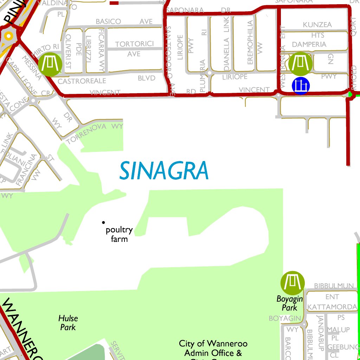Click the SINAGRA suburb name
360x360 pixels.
point(164,171)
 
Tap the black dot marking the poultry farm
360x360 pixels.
point(103,222)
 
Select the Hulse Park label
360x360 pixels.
point(68,322)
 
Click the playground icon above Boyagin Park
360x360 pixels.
point(292,283)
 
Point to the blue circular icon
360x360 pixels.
point(301,85)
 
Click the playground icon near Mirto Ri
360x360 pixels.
point(50,64)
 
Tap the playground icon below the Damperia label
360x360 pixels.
point(300,64)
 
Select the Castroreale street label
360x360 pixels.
point(82,81)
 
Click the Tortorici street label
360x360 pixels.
point(135,44)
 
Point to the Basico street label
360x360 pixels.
point(108,22)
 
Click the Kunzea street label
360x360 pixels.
point(317,25)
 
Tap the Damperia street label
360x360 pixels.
point(309,44)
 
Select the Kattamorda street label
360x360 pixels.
point(332,307)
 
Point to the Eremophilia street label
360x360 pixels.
point(250,42)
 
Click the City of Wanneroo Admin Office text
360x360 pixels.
point(213,348)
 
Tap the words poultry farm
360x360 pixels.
point(119,234)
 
